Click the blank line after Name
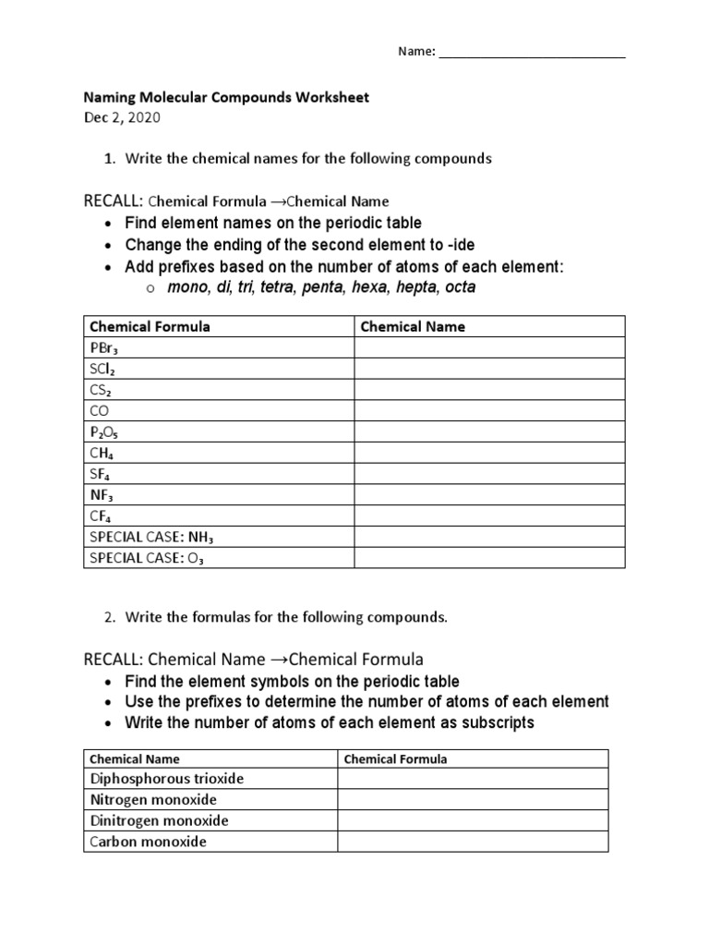point(532,52)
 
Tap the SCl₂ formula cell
point(102,369)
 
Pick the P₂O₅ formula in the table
point(104,431)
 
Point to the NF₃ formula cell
point(102,495)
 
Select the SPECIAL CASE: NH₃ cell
point(152,537)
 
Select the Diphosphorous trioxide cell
point(166,779)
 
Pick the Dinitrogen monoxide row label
point(159,820)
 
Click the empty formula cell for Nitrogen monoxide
point(473,800)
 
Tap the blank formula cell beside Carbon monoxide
point(473,842)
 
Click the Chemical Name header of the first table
point(413,326)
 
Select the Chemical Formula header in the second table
point(395,758)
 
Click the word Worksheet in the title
point(330,97)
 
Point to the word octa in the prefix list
point(460,287)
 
